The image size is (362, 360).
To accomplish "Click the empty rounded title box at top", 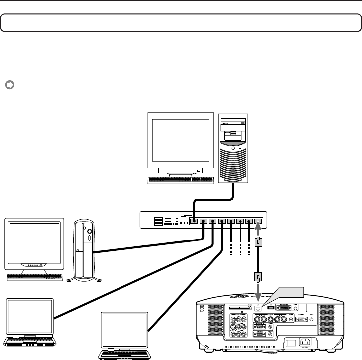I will click(x=180, y=23).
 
